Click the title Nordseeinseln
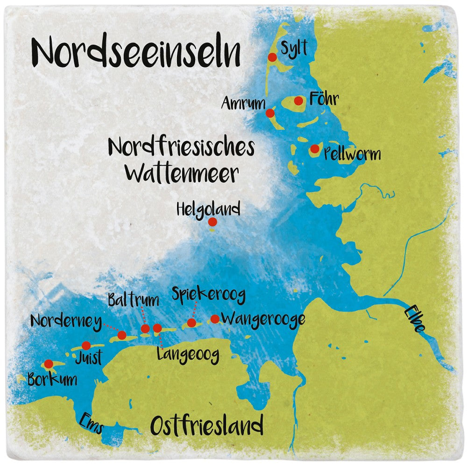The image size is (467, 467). click(x=136, y=52)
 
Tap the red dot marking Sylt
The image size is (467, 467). click(x=272, y=57)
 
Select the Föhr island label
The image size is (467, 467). click(x=324, y=99)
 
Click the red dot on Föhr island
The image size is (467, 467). click(x=298, y=100)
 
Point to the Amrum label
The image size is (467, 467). click(x=243, y=103)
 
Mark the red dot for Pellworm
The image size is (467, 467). click(x=315, y=149)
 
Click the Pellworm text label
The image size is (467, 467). click(x=352, y=154)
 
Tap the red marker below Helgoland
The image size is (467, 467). click(x=212, y=222)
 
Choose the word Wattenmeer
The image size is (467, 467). click(x=182, y=174)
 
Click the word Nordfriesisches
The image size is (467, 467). click(x=181, y=147)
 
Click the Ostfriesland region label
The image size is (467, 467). click(x=206, y=426)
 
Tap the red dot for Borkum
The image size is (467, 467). click(x=48, y=364)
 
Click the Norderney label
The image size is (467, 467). click(x=66, y=321)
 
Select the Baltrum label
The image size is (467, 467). click(x=133, y=300)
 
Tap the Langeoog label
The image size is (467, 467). click(x=188, y=355)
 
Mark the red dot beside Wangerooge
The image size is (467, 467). click(x=215, y=319)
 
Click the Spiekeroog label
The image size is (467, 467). click(x=208, y=294)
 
